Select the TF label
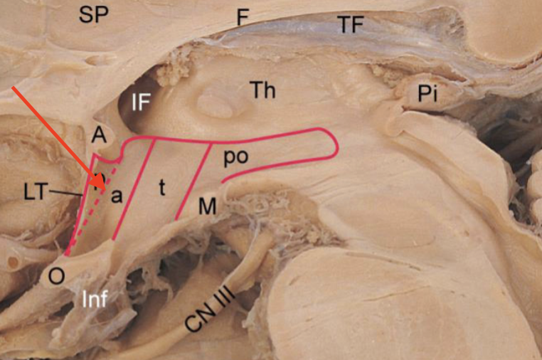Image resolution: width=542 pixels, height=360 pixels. (x=350, y=26)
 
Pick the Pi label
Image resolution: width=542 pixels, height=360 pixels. (x=427, y=97)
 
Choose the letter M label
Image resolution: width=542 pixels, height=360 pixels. (x=207, y=206)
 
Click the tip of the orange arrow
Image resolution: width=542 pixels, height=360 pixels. (x=105, y=191)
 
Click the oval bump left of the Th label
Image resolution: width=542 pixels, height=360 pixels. (x=213, y=105)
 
